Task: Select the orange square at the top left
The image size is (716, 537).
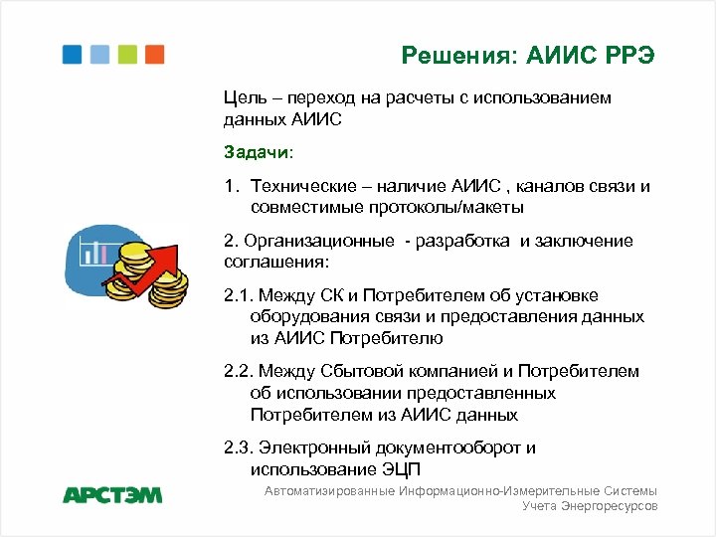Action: point(154,55)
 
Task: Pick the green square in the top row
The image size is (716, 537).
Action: point(127,55)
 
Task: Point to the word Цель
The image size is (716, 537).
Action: point(246,98)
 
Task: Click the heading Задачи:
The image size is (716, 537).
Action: point(259,153)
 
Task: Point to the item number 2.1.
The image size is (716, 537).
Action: point(242,295)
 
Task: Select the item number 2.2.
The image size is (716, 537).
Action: point(242,371)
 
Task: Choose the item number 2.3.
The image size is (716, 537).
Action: point(242,447)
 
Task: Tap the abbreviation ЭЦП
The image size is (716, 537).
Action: point(410,468)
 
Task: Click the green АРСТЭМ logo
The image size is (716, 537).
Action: point(111,494)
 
